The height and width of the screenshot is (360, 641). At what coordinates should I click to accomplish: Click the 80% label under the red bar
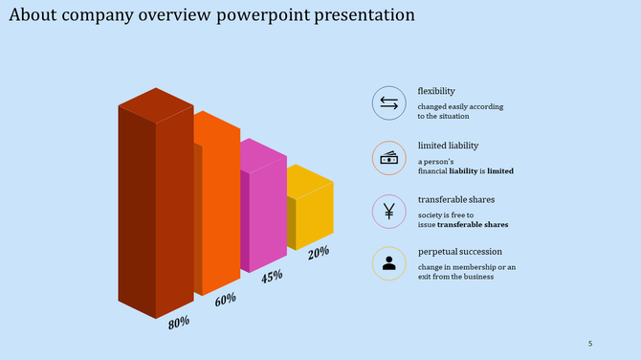pyautogui.click(x=179, y=323)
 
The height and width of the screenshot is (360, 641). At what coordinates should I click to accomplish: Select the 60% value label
pyautogui.click(x=226, y=300)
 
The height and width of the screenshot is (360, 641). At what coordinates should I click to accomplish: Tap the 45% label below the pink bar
pyautogui.click(x=272, y=276)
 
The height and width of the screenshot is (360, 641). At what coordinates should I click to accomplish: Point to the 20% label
pyautogui.click(x=319, y=252)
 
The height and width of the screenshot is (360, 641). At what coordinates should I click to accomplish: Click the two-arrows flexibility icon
pyautogui.click(x=388, y=103)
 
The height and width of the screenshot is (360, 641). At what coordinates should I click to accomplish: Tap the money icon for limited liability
pyautogui.click(x=388, y=158)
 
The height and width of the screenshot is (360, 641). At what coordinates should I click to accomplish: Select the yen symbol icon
pyautogui.click(x=388, y=212)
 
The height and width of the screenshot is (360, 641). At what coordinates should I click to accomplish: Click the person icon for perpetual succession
pyautogui.click(x=388, y=264)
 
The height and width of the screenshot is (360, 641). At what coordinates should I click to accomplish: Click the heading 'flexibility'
pyautogui.click(x=436, y=91)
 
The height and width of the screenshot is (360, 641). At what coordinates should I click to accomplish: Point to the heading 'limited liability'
pyautogui.click(x=448, y=146)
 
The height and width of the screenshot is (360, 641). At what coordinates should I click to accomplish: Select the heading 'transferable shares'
pyautogui.click(x=454, y=199)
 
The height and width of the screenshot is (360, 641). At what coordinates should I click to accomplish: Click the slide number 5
pyautogui.click(x=590, y=344)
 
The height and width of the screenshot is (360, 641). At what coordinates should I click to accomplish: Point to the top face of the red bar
pyautogui.click(x=156, y=103)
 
